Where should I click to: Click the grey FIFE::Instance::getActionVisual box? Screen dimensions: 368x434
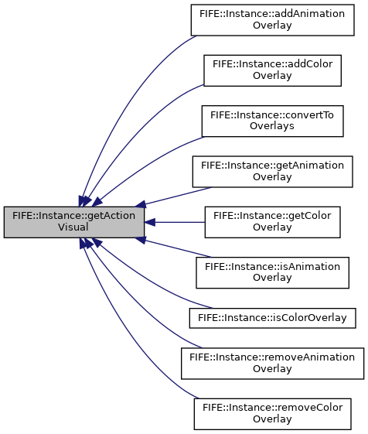coord(74,222)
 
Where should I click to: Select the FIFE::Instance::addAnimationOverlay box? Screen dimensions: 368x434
coord(273,20)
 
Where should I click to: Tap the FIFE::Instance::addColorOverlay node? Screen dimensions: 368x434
coord(273,70)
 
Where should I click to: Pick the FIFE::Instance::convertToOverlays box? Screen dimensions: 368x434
coord(273,121)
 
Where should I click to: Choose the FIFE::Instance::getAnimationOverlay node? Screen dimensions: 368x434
coord(273,172)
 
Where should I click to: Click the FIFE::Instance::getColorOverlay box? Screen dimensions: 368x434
coord(273,222)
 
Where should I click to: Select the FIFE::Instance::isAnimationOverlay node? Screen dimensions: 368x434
coord(273,272)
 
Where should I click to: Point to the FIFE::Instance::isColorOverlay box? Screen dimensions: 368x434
coord(273,318)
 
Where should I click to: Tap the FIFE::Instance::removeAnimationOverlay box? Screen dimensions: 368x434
coord(273,364)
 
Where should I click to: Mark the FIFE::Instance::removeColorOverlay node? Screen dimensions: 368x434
coord(273,414)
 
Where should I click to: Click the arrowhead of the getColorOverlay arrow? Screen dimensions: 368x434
coord(149,222)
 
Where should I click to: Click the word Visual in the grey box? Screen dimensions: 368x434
coord(73,227)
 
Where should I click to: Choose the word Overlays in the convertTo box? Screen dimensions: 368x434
coord(272,126)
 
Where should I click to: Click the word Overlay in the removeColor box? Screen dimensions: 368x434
coord(272,419)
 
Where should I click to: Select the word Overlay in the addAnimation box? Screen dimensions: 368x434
coord(272,26)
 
